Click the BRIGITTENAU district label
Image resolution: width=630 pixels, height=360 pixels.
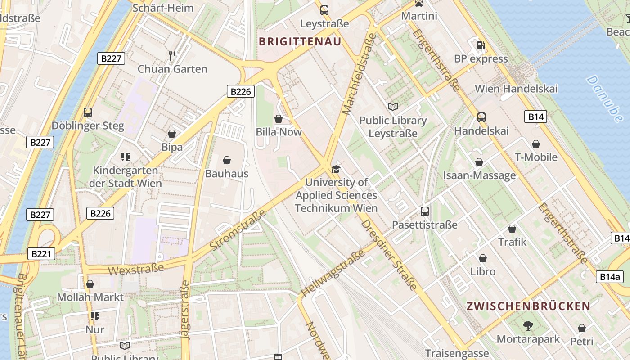click(x=300, y=41)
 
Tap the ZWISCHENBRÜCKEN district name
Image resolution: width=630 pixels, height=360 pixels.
click(x=528, y=306)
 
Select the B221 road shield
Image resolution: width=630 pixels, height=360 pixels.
click(x=40, y=254)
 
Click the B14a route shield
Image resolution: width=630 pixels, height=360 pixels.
click(x=610, y=277)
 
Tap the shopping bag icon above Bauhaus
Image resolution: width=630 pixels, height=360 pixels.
click(x=227, y=160)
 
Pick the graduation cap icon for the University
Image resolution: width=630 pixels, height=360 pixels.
click(x=336, y=169)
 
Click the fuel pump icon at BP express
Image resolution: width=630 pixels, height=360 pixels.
click(x=481, y=45)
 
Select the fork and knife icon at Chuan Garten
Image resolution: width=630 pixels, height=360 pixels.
click(x=172, y=55)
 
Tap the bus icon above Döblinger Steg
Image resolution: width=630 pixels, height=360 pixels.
click(x=88, y=112)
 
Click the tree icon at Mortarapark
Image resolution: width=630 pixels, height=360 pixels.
click(x=528, y=325)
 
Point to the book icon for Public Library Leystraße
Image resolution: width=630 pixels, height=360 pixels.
click(x=393, y=107)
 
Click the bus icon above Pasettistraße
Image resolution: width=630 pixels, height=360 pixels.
click(x=424, y=211)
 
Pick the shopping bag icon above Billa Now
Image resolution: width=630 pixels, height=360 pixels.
click(x=279, y=119)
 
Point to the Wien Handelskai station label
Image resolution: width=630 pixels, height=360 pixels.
click(x=516, y=89)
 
